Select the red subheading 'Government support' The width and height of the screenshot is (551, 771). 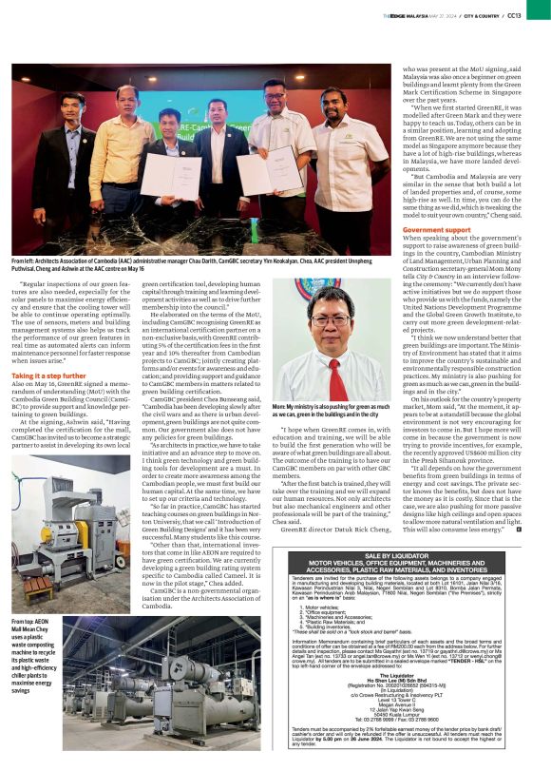(438, 230)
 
